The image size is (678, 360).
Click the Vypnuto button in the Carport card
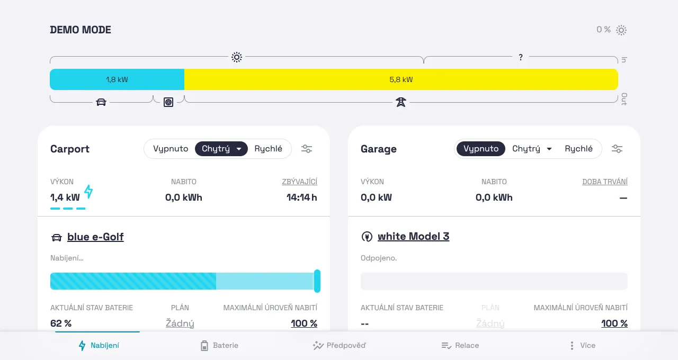click(171, 149)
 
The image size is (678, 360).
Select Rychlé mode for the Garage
click(578, 149)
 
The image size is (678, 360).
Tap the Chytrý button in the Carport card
click(221, 149)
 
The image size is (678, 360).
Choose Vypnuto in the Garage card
click(480, 149)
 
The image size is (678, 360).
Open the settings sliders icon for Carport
click(307, 149)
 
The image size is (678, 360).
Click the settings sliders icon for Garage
click(617, 149)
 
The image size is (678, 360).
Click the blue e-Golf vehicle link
click(95, 237)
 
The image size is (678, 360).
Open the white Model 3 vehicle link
click(413, 236)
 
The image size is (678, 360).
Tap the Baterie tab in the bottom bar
click(220, 346)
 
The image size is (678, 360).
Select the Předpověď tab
click(340, 346)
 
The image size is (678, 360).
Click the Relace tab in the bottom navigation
click(460, 346)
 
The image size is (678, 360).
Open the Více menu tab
click(582, 346)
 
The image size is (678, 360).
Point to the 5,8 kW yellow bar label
click(401, 79)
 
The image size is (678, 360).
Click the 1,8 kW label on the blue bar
click(117, 79)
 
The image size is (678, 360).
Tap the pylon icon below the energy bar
click(401, 102)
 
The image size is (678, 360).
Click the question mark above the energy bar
click(521, 57)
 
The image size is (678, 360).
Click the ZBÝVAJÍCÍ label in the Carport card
click(299, 182)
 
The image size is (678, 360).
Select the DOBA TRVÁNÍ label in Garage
click(605, 182)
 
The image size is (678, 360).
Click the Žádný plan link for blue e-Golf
click(180, 323)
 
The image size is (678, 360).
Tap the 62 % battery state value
click(61, 323)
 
